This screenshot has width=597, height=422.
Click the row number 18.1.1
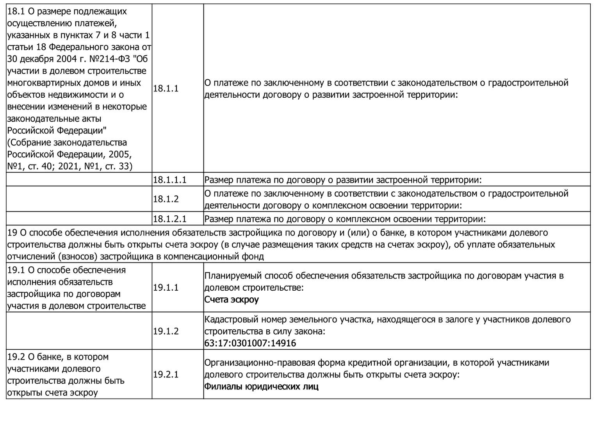(166, 89)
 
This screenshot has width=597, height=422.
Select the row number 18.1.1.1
(169, 180)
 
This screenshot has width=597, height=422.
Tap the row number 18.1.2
(166, 199)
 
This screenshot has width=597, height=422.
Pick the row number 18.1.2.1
(169, 219)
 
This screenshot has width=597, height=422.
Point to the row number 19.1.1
(166, 288)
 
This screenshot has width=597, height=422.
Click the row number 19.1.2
(166, 331)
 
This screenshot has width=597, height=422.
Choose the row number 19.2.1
(166, 374)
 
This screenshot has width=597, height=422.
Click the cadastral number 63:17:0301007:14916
(250, 343)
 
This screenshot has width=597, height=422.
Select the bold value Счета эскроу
(232, 300)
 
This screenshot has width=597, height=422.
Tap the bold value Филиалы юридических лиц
(261, 386)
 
